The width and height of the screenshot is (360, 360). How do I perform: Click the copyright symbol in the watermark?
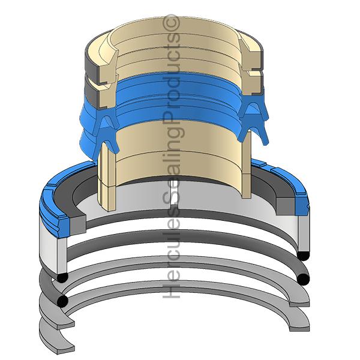pos(171,23)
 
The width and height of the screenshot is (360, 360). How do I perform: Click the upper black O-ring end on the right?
pos(303,256)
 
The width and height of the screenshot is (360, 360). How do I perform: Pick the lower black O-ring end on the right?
pos(303,279)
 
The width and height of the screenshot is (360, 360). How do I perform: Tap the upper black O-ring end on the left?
pos(62,278)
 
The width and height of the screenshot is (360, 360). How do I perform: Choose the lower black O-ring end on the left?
pos(62,301)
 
